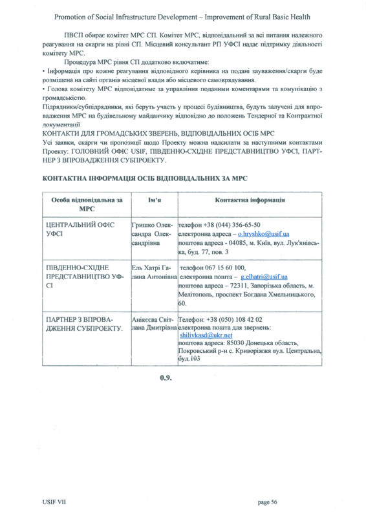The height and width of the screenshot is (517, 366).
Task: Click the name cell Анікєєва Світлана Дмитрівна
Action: click(x=153, y=324)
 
